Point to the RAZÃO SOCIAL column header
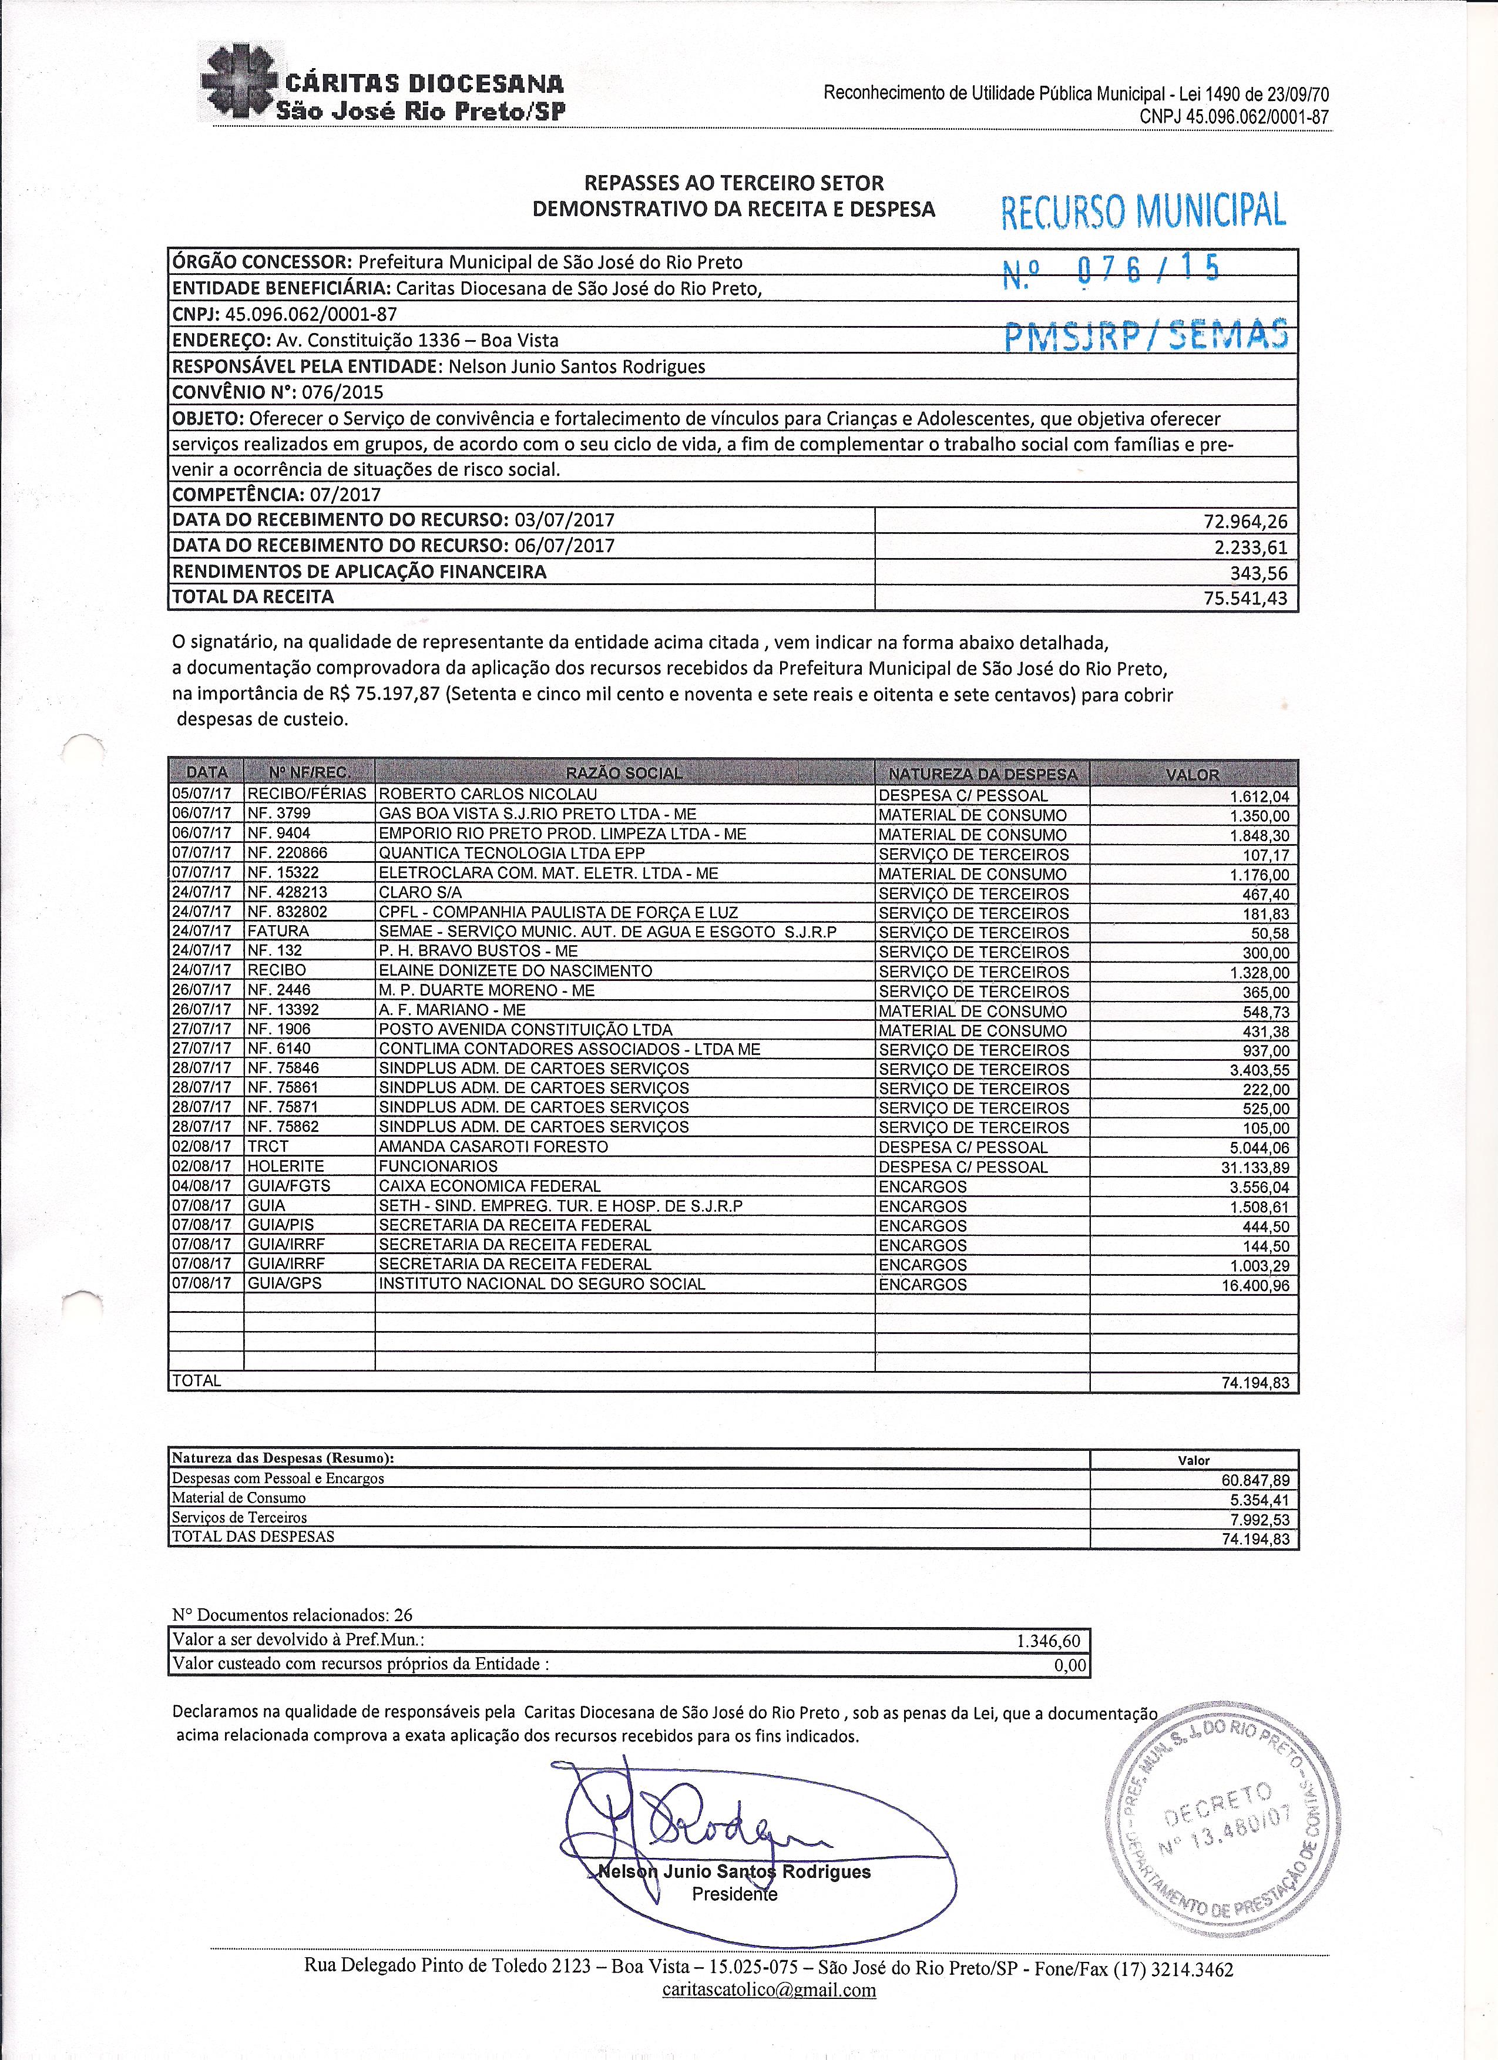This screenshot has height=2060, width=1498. [623, 774]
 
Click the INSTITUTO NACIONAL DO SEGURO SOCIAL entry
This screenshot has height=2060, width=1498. [542, 1284]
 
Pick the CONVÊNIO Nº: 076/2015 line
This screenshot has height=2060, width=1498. [278, 392]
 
